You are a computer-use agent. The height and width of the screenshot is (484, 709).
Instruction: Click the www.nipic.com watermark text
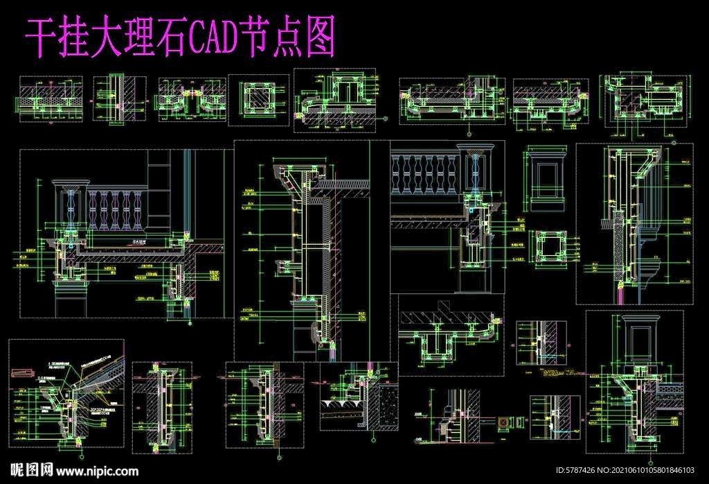[x=97, y=471]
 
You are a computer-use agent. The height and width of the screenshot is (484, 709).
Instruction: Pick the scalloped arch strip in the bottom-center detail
[x=342, y=405]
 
